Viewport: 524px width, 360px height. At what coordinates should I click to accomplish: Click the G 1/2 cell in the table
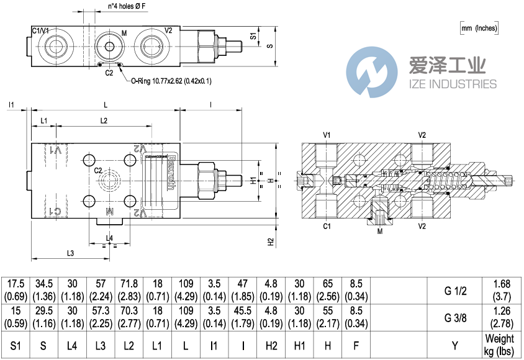[456, 290]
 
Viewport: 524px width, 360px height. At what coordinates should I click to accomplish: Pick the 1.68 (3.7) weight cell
[500, 290]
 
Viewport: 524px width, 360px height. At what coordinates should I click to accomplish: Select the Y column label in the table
[456, 344]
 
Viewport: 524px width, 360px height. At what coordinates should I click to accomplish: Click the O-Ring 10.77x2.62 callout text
[171, 81]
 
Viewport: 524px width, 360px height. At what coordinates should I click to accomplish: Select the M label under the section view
[379, 231]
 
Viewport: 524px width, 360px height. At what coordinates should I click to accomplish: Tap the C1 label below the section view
[326, 227]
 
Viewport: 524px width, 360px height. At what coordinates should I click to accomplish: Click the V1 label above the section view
[326, 135]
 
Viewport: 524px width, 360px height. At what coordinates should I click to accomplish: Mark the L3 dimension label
[70, 253]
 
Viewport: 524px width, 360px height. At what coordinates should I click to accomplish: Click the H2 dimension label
[271, 242]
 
